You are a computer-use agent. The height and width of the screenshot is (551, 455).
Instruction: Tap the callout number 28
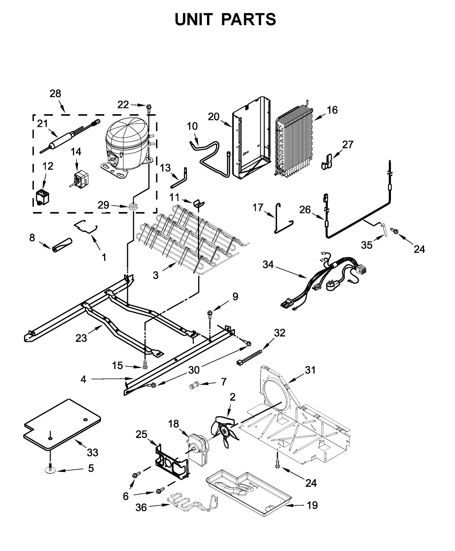[55, 93]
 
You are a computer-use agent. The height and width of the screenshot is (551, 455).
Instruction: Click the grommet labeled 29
[132, 206]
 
